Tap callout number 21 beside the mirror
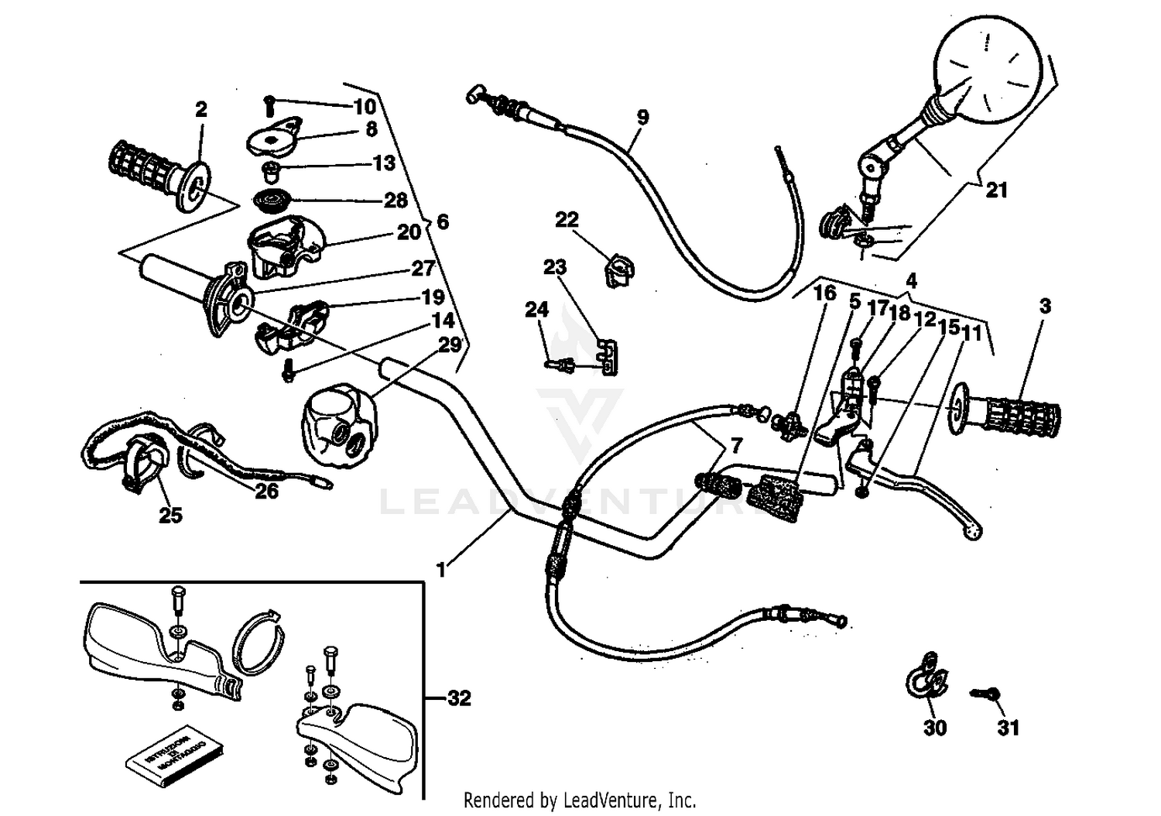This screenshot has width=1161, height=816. click(x=996, y=190)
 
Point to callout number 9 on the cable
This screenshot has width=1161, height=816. click(x=642, y=118)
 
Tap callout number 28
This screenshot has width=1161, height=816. click(x=396, y=201)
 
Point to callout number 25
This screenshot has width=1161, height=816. click(x=170, y=514)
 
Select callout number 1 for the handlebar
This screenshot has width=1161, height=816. click(x=441, y=571)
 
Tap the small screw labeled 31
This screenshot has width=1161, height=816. click(x=985, y=694)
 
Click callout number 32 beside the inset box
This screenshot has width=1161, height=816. click(x=459, y=698)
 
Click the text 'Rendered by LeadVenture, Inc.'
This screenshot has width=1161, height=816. click(x=580, y=799)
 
